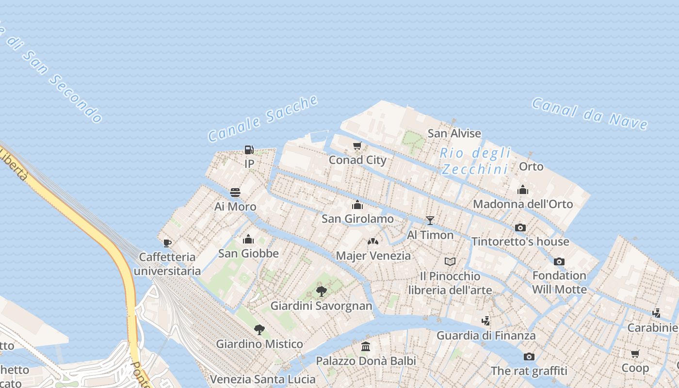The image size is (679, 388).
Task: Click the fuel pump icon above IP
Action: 249,149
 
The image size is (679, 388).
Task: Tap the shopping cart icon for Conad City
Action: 357,145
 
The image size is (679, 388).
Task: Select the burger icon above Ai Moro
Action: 235,193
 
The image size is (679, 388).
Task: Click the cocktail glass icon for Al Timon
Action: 430,221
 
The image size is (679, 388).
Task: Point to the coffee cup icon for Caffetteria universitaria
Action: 167,242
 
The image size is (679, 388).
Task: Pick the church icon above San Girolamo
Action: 357,205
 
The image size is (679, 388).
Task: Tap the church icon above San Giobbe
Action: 248,239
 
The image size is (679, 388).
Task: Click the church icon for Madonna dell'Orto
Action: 522,190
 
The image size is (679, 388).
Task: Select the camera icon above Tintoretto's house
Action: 520,227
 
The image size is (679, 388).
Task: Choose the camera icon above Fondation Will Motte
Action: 559,261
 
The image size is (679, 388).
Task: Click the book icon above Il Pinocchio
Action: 450,262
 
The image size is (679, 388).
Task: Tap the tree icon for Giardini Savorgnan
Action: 321,291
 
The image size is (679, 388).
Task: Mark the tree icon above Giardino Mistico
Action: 259,330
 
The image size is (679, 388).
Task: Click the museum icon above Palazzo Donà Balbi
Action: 366,347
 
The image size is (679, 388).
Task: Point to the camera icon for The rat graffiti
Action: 529,357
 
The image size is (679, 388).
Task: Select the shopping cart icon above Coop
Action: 635,354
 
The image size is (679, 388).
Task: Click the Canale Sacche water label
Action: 263,118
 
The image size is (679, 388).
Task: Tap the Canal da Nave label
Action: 589,113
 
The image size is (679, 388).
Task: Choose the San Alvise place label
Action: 454,133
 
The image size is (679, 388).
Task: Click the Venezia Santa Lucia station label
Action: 262,379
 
